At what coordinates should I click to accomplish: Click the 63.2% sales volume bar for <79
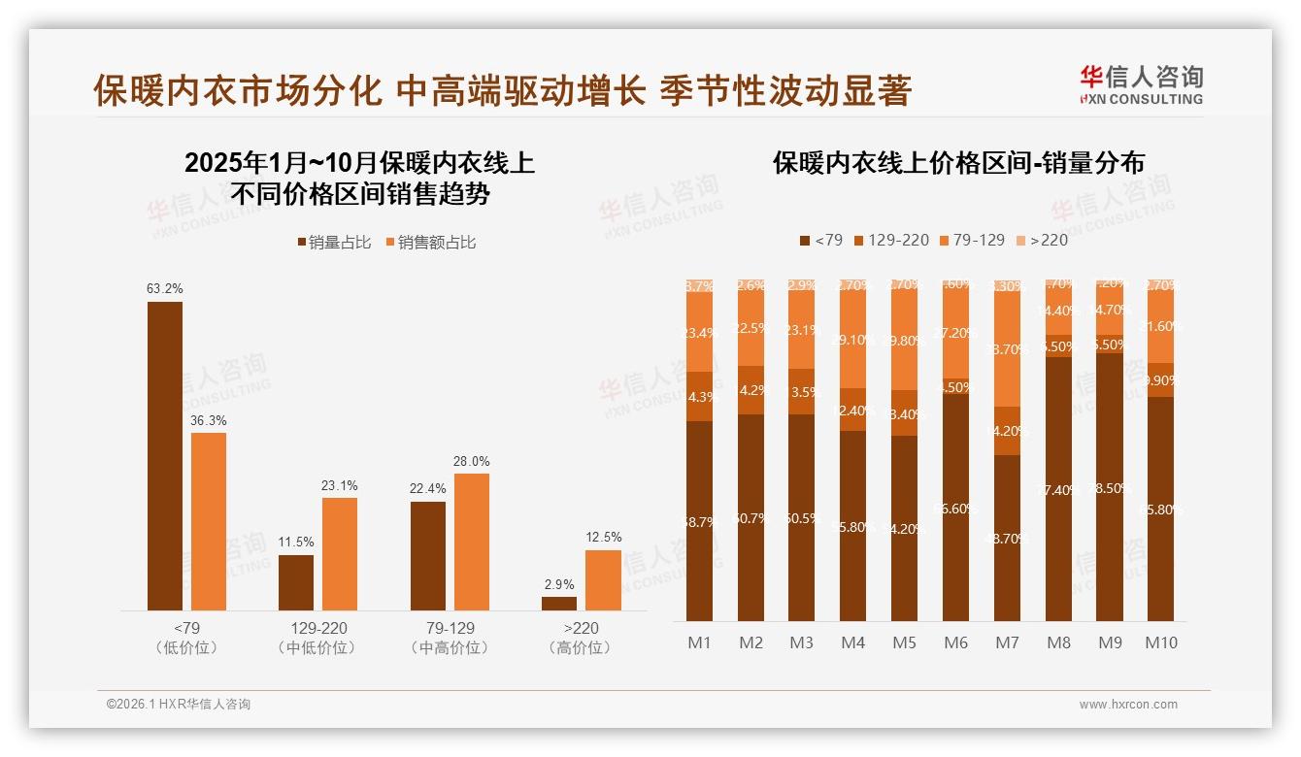pos(165,455)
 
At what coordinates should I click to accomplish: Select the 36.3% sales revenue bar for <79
pos(209,521)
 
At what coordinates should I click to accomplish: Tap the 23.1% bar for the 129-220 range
pos(340,553)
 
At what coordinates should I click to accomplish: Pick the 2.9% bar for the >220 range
pos(559,603)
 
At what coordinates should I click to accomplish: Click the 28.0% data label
pos(472,461)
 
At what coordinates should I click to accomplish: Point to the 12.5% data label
pos(603,537)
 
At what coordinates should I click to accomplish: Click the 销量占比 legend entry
pos(334,243)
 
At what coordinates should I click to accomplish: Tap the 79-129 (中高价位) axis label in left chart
pos(450,638)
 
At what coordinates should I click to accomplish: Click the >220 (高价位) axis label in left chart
pos(581,638)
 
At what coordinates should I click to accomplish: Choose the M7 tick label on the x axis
pos(1008,642)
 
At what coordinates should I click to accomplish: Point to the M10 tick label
pos(1161,642)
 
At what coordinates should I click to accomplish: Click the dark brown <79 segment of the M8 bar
pos(1058,489)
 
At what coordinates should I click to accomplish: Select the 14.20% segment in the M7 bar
pos(1008,431)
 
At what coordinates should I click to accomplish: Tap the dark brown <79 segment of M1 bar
pos(699,521)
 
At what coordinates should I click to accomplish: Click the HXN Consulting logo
pos(1141,84)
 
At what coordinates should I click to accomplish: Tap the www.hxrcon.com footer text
pos(1128,705)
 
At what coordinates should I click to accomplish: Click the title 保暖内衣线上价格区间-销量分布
pos(958,162)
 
